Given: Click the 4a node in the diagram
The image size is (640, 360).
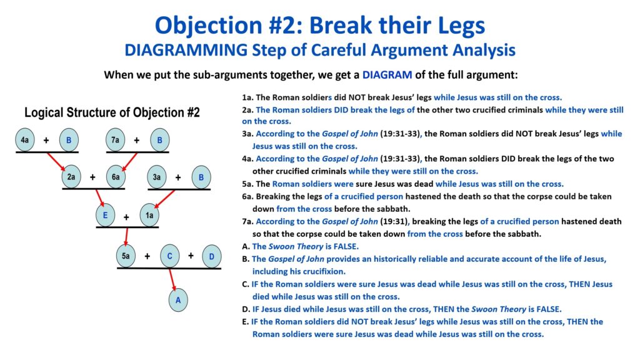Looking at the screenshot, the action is click(25, 140).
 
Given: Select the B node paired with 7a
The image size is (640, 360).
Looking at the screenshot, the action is click(159, 140).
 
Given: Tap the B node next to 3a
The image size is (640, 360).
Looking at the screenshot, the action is click(201, 177).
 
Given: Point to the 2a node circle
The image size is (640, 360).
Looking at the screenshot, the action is click(71, 177).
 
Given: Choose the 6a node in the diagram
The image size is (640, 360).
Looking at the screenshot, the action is click(116, 177).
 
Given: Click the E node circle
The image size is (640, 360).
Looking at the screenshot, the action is click(105, 215).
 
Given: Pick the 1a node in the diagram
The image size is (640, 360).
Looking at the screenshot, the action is click(149, 215).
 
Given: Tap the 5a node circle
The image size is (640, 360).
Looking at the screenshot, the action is click(126, 256).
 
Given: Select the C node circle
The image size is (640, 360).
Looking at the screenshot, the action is click(170, 256).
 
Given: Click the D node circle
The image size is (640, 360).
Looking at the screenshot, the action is click(211, 256).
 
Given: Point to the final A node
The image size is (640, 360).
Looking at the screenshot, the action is click(178, 300).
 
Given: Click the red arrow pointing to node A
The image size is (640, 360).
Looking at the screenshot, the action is click(172, 279).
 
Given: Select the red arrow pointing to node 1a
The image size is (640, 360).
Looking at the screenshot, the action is click(165, 199).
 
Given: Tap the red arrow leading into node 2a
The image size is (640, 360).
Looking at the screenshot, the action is click(56, 162).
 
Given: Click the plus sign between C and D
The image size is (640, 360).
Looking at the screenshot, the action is click(191, 256).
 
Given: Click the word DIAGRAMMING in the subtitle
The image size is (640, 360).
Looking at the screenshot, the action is click(186, 50).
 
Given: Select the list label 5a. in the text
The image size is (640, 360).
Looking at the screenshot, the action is click(247, 184).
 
